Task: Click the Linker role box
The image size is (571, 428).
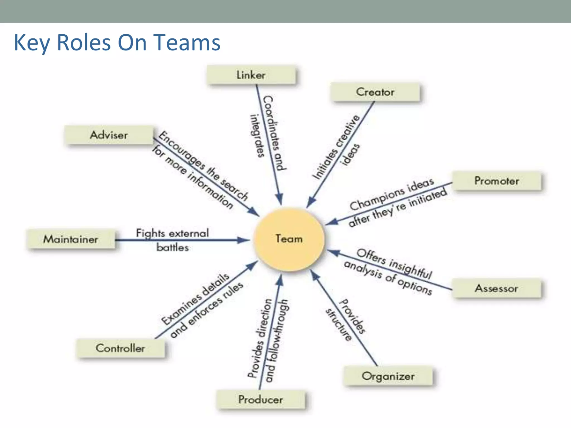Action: [x=251, y=75]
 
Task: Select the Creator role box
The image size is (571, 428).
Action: [x=375, y=92]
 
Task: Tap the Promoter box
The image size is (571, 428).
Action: [x=497, y=181]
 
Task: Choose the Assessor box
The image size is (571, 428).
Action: [x=497, y=288]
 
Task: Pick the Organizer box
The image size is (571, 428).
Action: [x=388, y=376]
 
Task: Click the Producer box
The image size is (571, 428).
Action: [x=261, y=400]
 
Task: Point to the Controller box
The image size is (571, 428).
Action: [x=120, y=348]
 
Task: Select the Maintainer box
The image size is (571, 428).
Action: [x=71, y=239]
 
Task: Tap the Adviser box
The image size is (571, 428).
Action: [x=109, y=135]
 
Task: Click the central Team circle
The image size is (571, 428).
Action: [x=289, y=239]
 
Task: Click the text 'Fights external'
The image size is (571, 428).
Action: [x=172, y=233]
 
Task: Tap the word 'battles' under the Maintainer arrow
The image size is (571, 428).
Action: [x=172, y=247]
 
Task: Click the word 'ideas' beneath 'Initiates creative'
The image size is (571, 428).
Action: [x=350, y=155]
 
